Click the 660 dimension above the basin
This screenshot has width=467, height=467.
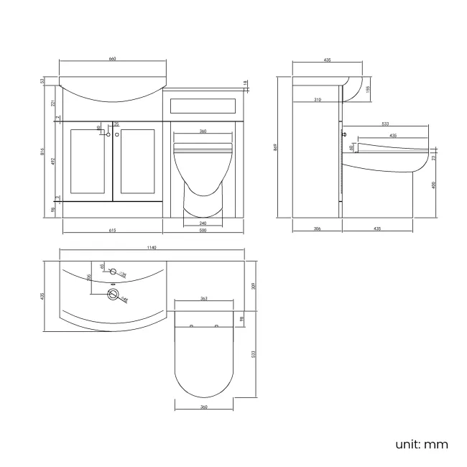tap(112, 59)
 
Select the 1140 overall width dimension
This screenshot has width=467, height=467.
tap(151, 248)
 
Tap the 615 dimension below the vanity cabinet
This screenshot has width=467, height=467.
tap(112, 231)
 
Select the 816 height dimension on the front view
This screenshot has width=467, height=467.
tap(44, 152)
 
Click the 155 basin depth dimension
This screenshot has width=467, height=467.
tap(367, 89)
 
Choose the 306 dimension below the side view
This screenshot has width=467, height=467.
tap(317, 228)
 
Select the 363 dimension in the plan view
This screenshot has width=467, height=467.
tap(203, 298)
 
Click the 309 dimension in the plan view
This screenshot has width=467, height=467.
tap(255, 286)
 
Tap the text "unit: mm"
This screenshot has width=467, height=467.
tap(421, 444)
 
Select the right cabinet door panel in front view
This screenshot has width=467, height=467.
tap(137, 162)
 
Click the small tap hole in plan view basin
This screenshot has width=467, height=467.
tap(112, 272)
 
